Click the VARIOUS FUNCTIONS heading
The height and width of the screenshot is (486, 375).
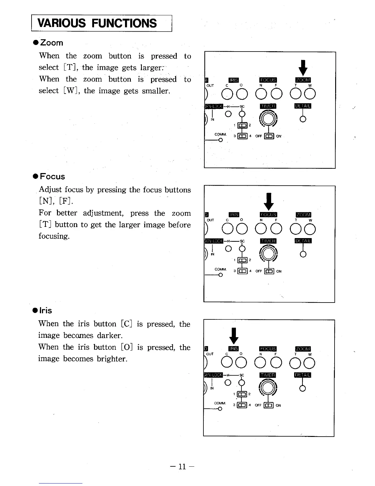pos(97,23)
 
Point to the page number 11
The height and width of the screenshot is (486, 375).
pos(182,467)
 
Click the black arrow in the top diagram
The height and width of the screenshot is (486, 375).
pos(303,68)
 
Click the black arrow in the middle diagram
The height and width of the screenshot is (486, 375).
pos(269,201)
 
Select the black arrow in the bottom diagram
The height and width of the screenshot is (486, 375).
pos(234,335)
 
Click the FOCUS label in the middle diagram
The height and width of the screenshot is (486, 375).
pos(268,214)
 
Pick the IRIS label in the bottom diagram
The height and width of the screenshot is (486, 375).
pos(233,349)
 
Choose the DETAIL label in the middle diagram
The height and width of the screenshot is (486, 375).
pos(303,241)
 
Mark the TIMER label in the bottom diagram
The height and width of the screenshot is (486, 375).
pos(267,375)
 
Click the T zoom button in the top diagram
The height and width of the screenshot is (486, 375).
pos(296,94)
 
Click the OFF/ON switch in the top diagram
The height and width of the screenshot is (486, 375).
pos(269,136)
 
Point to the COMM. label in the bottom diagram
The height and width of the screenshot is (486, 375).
pos(220,403)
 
